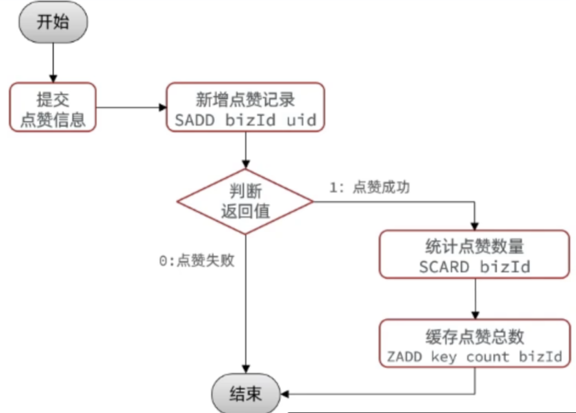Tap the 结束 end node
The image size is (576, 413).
(245, 394)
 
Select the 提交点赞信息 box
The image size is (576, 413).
(53, 108)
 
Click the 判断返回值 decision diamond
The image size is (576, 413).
(245, 201)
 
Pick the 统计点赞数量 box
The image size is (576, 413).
(475, 254)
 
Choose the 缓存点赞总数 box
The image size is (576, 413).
(475, 346)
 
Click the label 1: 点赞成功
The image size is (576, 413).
(370, 188)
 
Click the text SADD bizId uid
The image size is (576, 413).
(245, 121)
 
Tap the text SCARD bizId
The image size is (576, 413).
(475, 266)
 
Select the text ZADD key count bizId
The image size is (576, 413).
(475, 358)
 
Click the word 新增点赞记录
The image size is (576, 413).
(245, 99)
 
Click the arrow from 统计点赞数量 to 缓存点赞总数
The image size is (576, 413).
(475, 299)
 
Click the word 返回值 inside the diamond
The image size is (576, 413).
(245, 211)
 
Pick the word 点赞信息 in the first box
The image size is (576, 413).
(53, 120)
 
